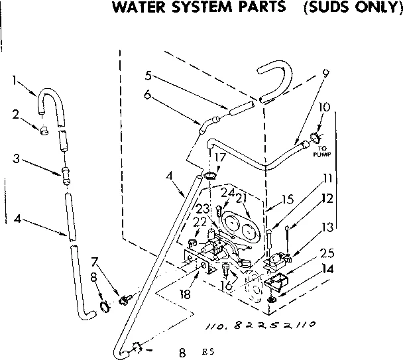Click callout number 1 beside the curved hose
pyautogui.click(x=15, y=82)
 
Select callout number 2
pyautogui.click(x=15, y=113)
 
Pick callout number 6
pyautogui.click(x=147, y=95)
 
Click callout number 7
pyautogui.click(x=95, y=262)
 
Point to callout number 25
pyautogui.click(x=325, y=252)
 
